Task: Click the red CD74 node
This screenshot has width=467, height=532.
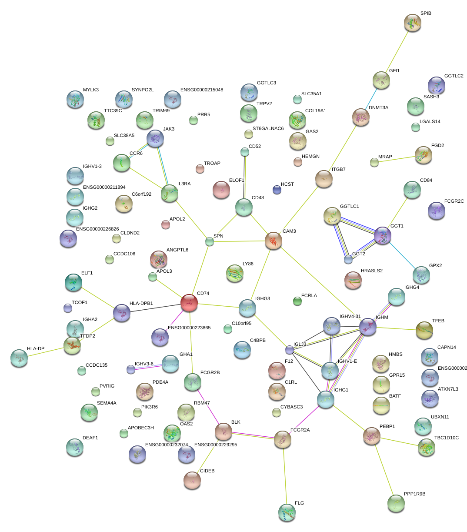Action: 189,302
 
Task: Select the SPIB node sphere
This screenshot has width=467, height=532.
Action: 412,22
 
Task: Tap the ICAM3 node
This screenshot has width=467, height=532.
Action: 274,240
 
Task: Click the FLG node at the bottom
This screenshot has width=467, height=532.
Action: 287,512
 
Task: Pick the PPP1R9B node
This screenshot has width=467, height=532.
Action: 396,503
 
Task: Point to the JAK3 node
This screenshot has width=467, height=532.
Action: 155,138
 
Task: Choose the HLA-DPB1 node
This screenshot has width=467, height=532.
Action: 121,313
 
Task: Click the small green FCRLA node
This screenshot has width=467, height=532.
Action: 297,301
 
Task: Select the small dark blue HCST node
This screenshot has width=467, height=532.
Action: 277,189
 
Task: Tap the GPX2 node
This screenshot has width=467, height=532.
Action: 421,274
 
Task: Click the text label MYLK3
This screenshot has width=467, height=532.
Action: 91,90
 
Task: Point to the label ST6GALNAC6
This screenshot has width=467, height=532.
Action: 268,129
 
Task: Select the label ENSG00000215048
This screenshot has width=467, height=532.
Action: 202,90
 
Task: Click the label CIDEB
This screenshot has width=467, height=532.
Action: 207,471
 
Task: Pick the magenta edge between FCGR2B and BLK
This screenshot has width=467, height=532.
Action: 208,407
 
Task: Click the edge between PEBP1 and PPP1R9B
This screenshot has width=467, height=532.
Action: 384,469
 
